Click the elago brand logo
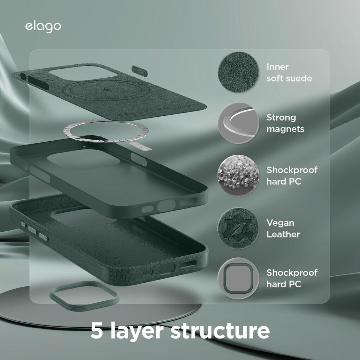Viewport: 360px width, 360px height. (43, 27)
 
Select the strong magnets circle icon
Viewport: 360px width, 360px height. (238, 123)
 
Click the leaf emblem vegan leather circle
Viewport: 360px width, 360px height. (238, 228)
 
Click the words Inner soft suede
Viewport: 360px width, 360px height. (289, 72)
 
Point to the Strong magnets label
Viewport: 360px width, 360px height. (285, 123)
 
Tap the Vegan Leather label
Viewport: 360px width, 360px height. (283, 229)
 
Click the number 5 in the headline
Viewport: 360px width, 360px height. (96, 330)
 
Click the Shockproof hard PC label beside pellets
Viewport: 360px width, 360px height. (291, 175)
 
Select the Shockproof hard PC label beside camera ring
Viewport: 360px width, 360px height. (291, 278)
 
